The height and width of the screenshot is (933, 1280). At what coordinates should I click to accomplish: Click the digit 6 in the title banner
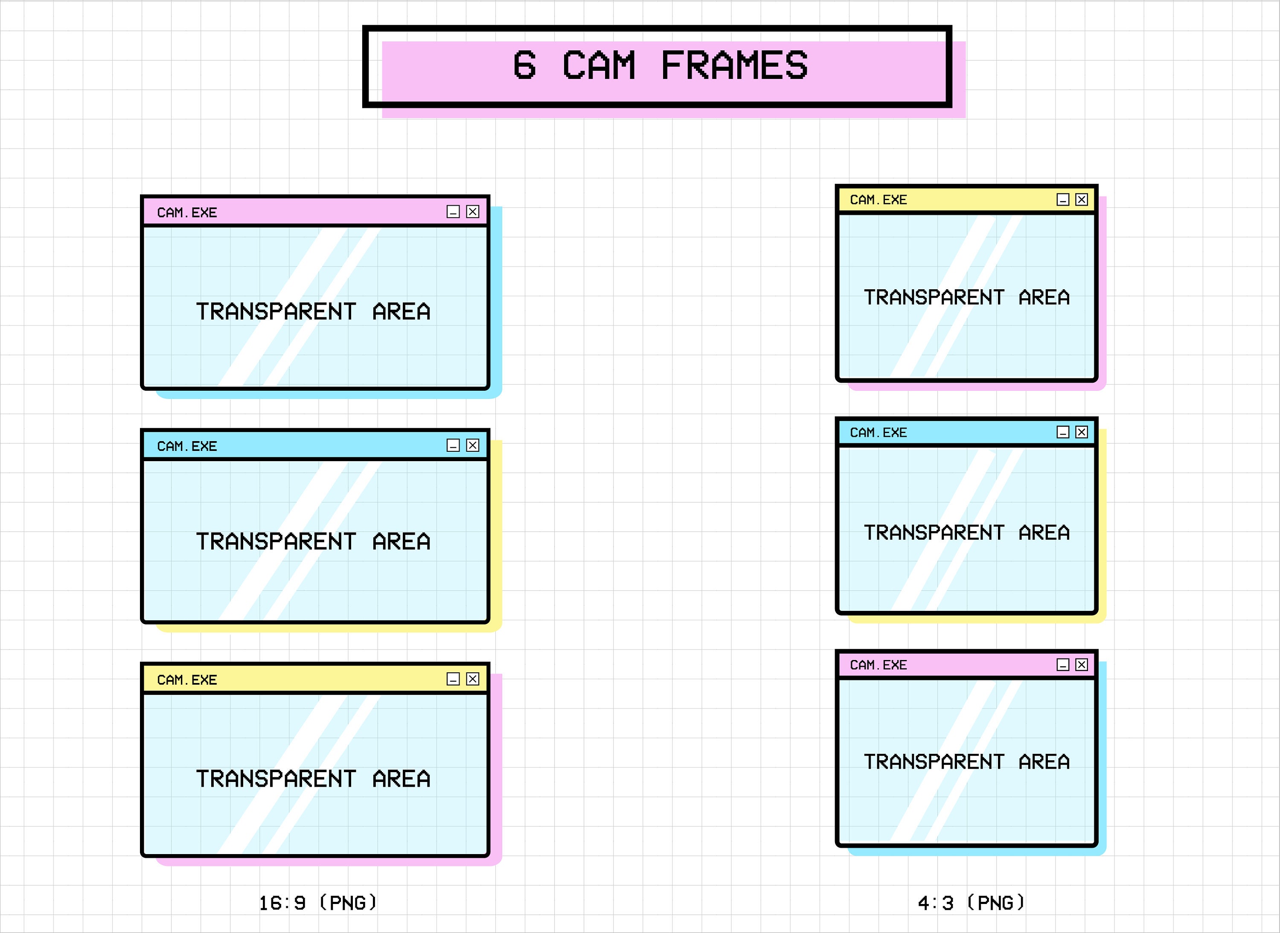coord(524,66)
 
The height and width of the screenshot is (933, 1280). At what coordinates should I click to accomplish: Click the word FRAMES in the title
coord(734,66)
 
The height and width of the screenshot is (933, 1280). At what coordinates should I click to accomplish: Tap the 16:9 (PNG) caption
coord(317,903)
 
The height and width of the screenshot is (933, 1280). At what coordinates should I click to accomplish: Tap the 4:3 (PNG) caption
coord(970,903)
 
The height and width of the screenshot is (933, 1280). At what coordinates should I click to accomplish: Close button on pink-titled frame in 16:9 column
coord(473,212)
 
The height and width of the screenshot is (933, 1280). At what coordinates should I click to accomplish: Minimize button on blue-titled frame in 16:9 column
coord(453,446)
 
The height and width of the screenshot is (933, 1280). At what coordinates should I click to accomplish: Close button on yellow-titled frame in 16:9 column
coord(473,679)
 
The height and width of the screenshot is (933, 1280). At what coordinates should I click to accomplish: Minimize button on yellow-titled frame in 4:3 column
coord(1062,200)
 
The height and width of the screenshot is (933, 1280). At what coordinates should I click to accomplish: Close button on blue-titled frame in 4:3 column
coord(1081,433)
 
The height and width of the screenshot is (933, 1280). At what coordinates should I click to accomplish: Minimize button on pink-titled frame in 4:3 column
coord(1062,665)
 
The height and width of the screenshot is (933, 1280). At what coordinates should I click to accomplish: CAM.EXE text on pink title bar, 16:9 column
coord(187,213)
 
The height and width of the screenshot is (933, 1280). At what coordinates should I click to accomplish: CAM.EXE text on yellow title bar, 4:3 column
coord(879,200)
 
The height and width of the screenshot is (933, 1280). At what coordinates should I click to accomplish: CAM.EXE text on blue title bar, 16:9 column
coord(187,447)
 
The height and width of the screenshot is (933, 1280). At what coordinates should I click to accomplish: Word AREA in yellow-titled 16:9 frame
coord(401,779)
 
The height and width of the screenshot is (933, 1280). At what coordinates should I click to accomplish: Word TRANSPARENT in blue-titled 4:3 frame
coord(934,532)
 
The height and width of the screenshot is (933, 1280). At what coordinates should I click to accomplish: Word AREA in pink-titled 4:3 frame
coord(1044,762)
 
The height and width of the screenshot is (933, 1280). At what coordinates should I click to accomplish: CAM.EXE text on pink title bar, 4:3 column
coord(879,665)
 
